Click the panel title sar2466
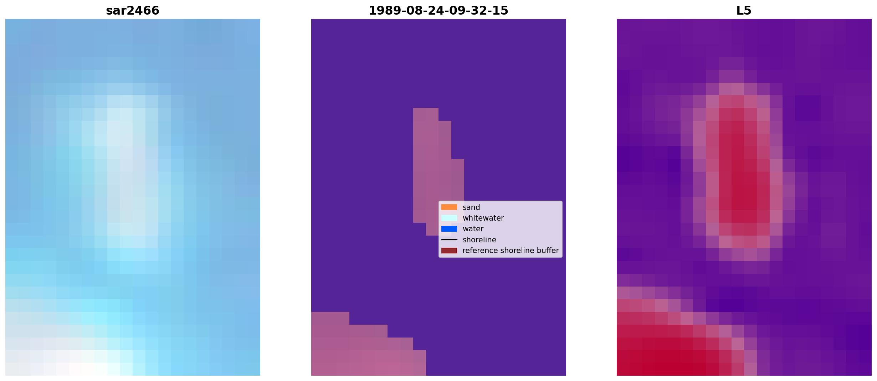(133, 11)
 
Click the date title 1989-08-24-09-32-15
(438, 11)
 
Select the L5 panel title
(744, 11)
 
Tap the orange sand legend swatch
(449, 207)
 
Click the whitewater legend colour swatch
(449, 218)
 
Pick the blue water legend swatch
(449, 229)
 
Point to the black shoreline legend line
(449, 240)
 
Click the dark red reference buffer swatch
(449, 251)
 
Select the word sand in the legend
(471, 207)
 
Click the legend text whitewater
(483, 218)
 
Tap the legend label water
(473, 229)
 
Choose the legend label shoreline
(479, 240)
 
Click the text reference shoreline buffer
(511, 251)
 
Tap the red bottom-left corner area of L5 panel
(660, 346)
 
